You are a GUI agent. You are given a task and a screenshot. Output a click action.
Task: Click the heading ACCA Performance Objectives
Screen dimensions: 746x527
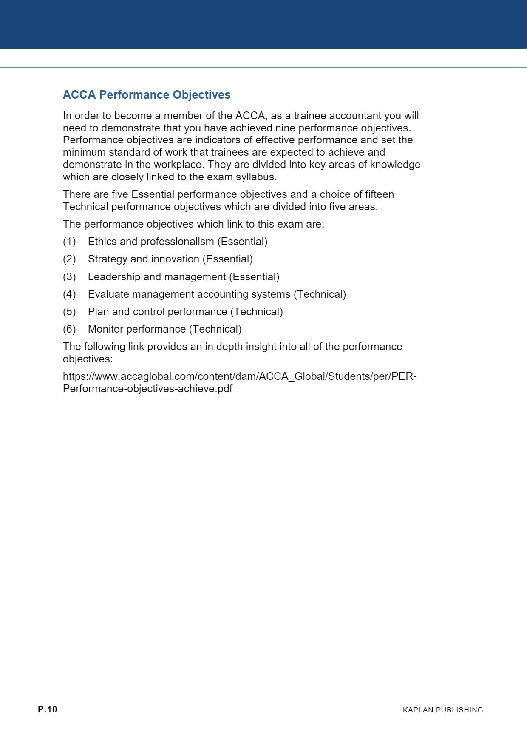point(147,95)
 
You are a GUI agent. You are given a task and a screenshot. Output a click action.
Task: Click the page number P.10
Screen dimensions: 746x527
point(47,709)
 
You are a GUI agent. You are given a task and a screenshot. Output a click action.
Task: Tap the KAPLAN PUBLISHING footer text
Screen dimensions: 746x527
point(443,710)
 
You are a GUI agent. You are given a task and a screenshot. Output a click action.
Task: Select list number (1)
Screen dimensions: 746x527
point(69,242)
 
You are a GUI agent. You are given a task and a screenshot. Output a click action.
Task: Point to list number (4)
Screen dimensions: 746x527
point(69,294)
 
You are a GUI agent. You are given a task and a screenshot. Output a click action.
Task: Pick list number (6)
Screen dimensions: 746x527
point(69,329)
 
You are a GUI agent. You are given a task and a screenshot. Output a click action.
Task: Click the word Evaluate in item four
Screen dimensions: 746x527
point(108,294)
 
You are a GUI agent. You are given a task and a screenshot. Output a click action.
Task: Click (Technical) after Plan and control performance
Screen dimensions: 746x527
point(257,312)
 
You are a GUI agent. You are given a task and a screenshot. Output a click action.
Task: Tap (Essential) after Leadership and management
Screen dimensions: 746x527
point(254,277)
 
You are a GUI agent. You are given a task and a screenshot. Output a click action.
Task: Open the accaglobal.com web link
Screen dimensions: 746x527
point(240,377)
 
